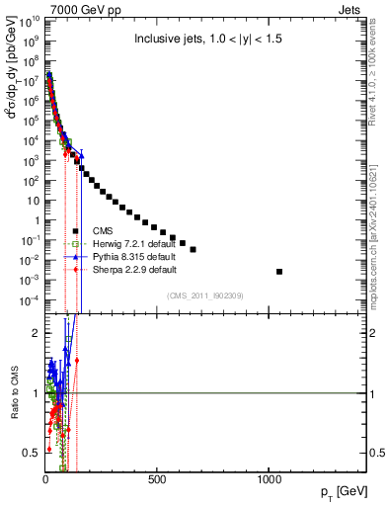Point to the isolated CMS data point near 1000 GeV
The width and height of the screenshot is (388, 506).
279,271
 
